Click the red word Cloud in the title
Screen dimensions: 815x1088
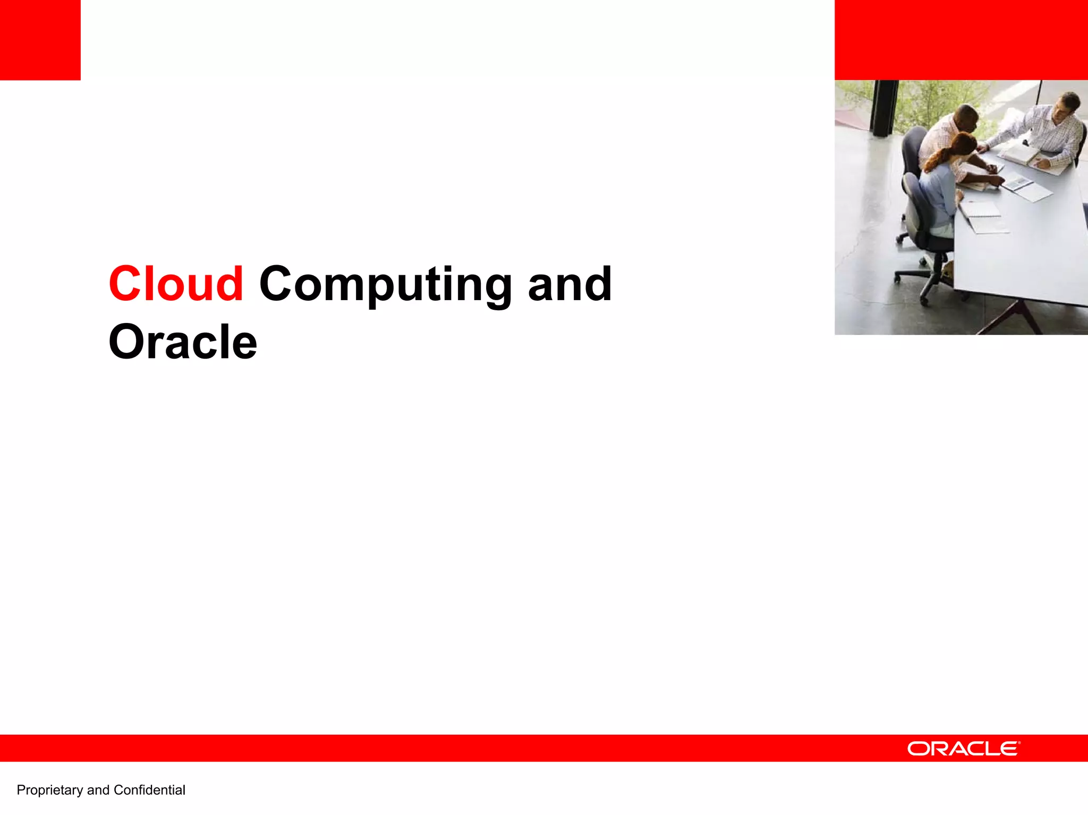(176, 284)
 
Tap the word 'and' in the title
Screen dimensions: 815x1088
(569, 285)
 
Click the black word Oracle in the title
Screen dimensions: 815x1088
(183, 342)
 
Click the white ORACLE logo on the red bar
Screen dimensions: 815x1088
(963, 749)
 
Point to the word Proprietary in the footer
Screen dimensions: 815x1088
(50, 790)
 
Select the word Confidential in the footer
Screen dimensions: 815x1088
(149, 790)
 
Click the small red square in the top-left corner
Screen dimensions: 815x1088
(40, 40)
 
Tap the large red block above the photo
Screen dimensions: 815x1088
(960, 40)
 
